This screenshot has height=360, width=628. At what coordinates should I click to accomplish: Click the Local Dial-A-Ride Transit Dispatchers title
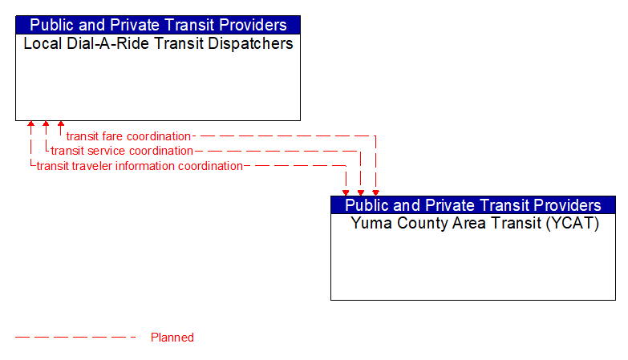pos(158,44)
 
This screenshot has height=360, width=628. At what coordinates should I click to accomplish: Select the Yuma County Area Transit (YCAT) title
pos(474,224)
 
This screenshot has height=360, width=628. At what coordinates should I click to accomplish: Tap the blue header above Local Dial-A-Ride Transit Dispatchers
pos(158,25)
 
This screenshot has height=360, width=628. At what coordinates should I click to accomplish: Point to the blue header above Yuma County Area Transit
pos(473,204)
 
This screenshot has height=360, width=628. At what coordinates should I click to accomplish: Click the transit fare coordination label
pos(128,136)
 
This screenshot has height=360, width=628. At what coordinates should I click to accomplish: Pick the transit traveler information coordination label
pos(140,166)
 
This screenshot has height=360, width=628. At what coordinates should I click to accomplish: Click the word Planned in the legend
pos(172,338)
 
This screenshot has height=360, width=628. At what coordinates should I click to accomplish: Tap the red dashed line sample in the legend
pos(75,338)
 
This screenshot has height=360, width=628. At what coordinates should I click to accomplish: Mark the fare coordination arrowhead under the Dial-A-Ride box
pos(61,125)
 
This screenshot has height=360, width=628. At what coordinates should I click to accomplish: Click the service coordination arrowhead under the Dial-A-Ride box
pos(46,125)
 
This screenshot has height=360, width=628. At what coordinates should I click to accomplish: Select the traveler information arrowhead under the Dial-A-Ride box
pos(30,125)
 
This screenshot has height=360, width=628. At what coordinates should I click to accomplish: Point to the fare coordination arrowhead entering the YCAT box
pos(375,192)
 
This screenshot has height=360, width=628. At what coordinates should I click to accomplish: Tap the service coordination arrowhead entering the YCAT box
pos(361,192)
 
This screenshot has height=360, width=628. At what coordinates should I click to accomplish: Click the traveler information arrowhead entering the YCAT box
pos(346,192)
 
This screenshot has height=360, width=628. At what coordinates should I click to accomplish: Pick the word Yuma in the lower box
pos(370,224)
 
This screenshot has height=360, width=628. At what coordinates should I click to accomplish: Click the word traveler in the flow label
pos(96,166)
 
